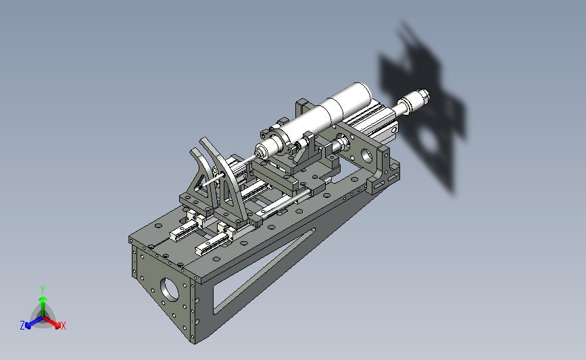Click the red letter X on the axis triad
63,326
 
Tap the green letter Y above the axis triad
43,290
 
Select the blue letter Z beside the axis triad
22,326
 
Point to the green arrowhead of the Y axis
43,300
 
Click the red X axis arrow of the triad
51,322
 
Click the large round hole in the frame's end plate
170,289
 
